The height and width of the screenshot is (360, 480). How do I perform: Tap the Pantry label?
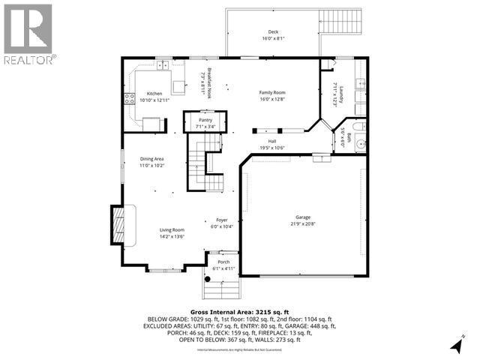205,120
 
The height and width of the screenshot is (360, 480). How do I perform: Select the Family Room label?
273,91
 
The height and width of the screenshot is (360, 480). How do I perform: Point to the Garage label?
303,217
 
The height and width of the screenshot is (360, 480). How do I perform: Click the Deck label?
273,31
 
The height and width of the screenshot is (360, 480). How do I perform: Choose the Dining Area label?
152,159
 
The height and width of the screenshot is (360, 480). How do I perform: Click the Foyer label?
223,220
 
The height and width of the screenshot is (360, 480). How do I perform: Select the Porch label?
223,262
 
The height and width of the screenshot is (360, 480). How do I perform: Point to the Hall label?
273,141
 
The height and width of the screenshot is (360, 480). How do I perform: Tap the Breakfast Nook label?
209,81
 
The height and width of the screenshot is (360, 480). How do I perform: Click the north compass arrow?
457,345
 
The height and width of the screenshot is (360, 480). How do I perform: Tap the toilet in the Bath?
360,144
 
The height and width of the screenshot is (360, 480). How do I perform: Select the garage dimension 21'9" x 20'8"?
303,223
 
